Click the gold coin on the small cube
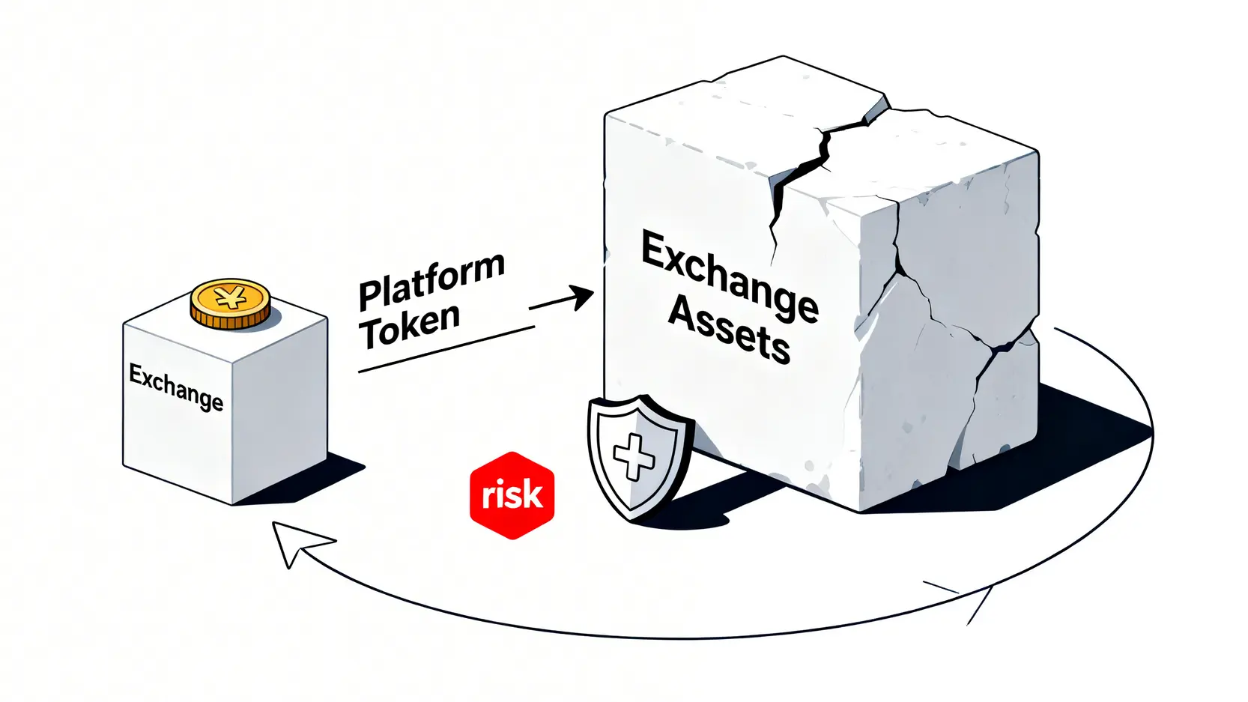pyautogui.click(x=230, y=303)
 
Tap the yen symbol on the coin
pyautogui.click(x=230, y=297)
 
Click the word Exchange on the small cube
pyautogui.click(x=176, y=387)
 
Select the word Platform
pyautogui.click(x=431, y=281)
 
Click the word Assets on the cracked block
pyautogui.click(x=728, y=330)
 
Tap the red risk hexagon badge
pyautogui.click(x=512, y=495)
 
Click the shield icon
pyautogui.click(x=637, y=456)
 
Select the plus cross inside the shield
pyautogui.click(x=634, y=456)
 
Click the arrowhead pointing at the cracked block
pyautogui.click(x=581, y=297)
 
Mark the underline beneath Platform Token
pyautogui.click(x=446, y=349)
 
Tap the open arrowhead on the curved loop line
pyautogui.click(x=966, y=599)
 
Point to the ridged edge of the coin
pyautogui.click(x=230, y=320)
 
